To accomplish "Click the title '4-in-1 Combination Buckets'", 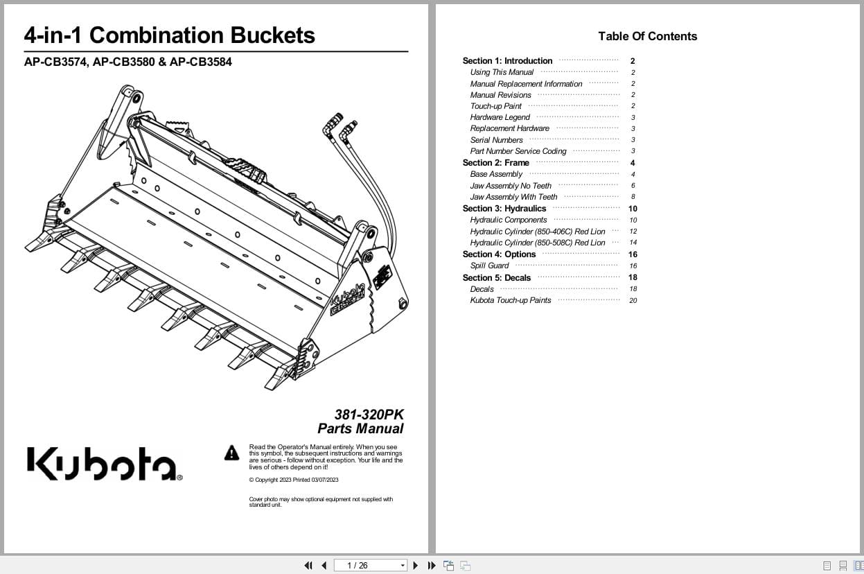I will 169,35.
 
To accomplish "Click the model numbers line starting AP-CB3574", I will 127,62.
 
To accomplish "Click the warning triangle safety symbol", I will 231,453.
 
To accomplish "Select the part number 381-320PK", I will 369,415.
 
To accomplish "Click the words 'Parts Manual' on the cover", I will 360,428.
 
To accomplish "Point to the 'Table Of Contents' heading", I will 647,36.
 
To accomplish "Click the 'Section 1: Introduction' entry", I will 507,61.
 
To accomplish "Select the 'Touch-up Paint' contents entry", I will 495,106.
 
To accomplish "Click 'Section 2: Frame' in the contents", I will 495,163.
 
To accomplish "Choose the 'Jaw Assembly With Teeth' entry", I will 513,197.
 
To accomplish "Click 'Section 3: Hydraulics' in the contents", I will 504,209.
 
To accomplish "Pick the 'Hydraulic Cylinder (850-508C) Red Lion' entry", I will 537,243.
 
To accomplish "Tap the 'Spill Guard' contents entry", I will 489,266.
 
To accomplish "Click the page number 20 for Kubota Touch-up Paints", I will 633,301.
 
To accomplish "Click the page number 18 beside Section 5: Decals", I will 633,277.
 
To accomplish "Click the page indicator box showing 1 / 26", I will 370,566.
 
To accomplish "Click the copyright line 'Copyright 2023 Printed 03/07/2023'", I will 294,480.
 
